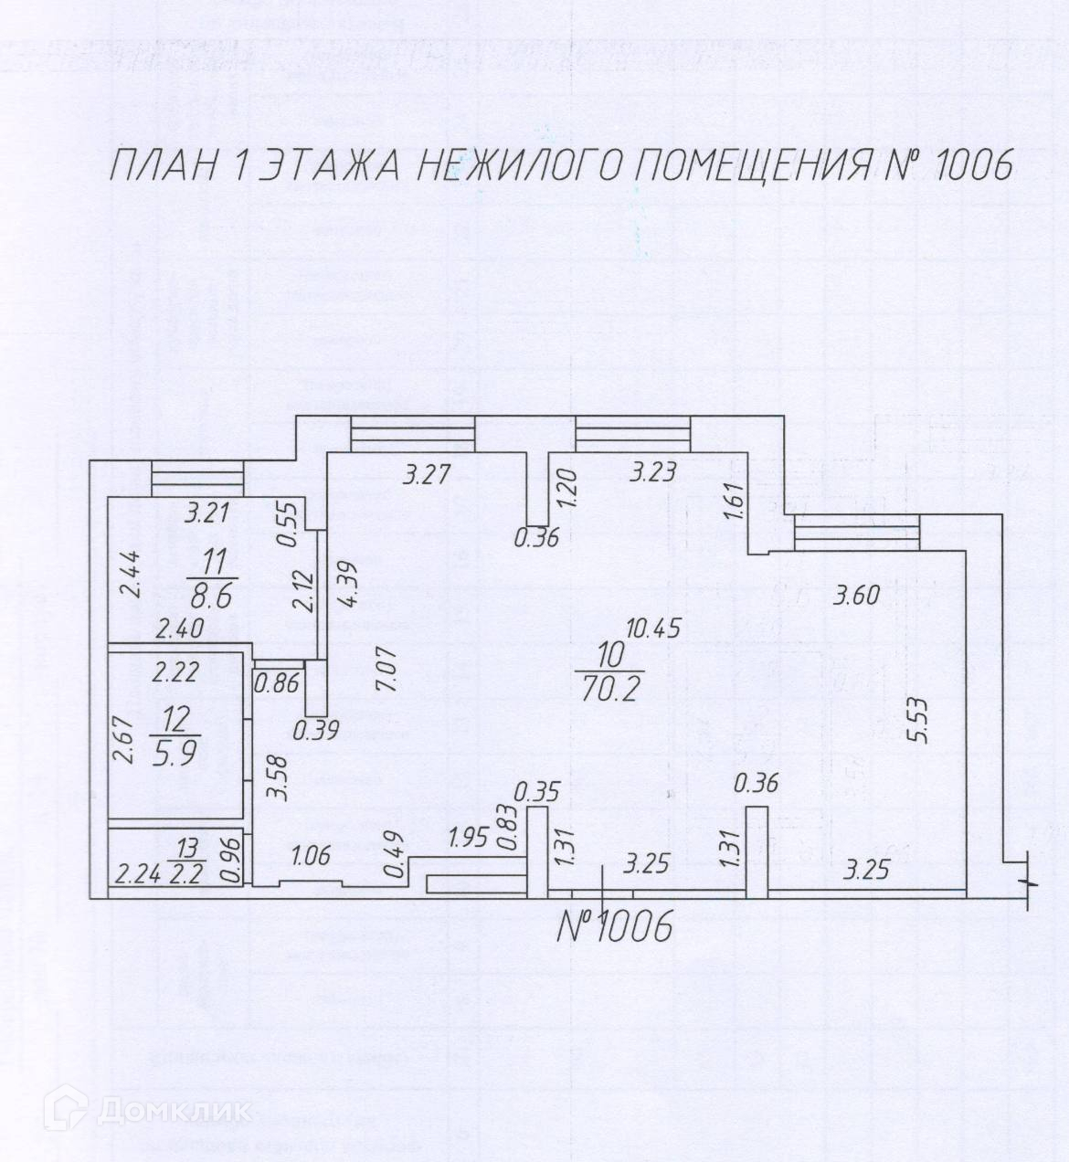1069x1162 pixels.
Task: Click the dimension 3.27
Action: (x=426, y=475)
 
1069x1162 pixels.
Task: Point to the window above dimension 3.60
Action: (x=856, y=534)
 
